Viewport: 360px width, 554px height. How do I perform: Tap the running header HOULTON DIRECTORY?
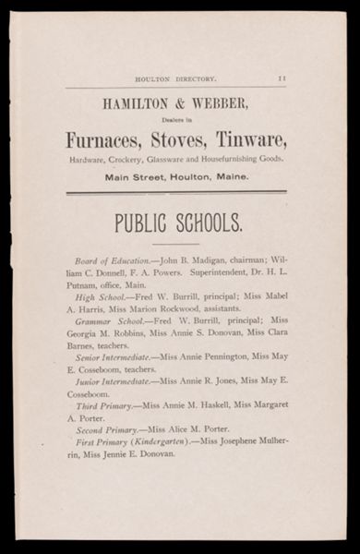point(175,80)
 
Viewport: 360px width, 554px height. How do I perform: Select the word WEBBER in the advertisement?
point(219,104)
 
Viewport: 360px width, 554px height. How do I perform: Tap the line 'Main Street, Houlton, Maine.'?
point(176,177)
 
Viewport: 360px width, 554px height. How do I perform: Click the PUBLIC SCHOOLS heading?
point(178,223)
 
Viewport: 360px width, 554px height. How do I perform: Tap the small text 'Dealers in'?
point(176,118)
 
